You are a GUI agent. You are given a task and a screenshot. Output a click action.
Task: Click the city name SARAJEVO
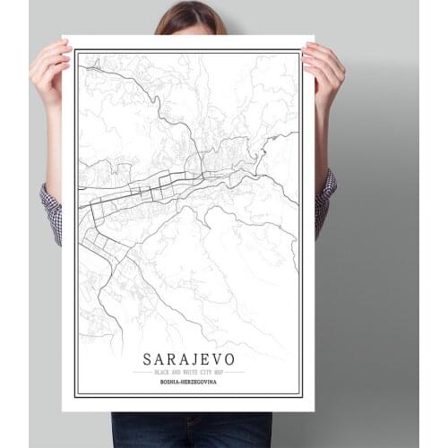(188, 358)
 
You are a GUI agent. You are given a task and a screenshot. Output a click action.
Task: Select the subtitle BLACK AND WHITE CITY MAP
(188, 372)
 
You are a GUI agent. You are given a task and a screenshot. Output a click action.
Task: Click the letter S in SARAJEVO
(148, 358)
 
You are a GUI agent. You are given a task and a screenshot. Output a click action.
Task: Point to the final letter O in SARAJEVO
(229, 358)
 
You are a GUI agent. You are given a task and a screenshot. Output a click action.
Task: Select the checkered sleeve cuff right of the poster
(324, 202)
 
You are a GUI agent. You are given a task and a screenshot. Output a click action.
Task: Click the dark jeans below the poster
(190, 430)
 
